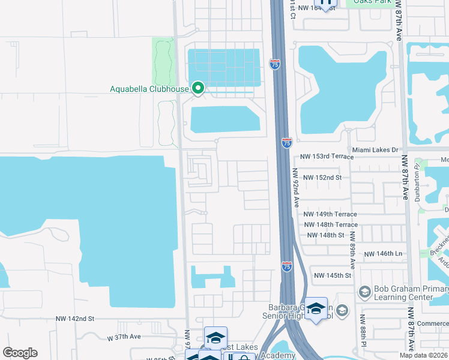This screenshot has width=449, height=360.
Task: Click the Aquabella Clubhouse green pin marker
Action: (x=199, y=89)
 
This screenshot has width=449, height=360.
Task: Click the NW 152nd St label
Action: (x=322, y=178)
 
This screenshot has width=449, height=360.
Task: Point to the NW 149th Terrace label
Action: (x=330, y=214)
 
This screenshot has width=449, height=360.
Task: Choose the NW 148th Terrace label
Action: (x=330, y=224)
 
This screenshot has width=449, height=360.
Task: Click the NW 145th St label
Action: (x=332, y=275)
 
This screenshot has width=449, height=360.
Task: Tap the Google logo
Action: (x=20, y=353)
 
